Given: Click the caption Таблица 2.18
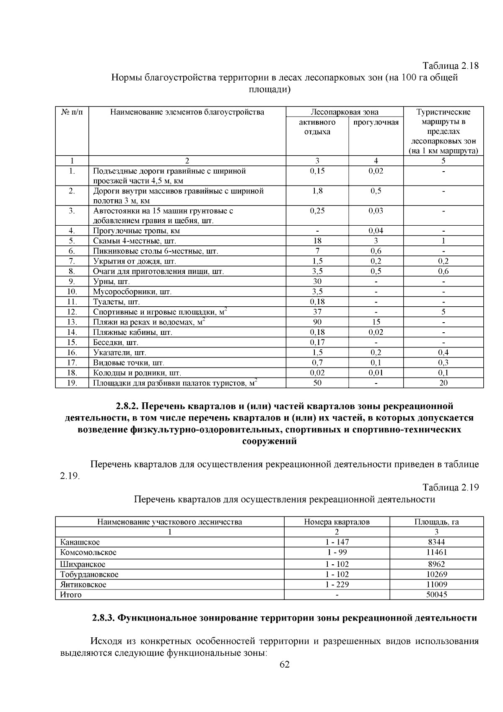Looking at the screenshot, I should [451, 66].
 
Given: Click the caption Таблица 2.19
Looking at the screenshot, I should [451, 488].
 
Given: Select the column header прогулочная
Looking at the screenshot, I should [376, 123].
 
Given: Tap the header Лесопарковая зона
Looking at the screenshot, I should [344, 112].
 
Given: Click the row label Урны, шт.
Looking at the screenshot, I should [111, 282].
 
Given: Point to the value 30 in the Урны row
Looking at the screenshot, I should [317, 282].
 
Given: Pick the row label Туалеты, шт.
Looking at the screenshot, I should [116, 302].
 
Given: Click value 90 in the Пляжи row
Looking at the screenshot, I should [317, 322].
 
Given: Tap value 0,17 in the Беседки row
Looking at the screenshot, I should [317, 342].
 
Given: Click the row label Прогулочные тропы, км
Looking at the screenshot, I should [136, 231].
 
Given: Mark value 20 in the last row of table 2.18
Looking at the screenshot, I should [443, 383].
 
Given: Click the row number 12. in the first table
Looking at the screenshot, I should [72, 312].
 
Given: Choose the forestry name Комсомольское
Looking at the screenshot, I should [88, 553].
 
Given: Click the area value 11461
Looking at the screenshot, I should [436, 553].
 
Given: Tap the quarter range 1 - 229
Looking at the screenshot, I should [337, 584].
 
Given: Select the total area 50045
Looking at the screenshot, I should [436, 595].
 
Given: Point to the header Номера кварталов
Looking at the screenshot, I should [337, 522].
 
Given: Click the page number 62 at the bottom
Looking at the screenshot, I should [285, 665].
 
